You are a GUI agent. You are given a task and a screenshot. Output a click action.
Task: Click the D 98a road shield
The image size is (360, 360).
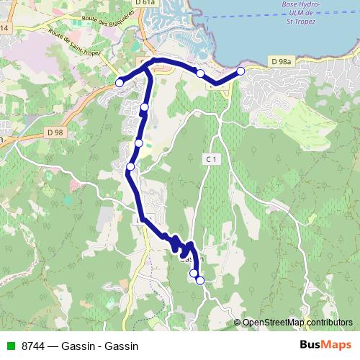281,63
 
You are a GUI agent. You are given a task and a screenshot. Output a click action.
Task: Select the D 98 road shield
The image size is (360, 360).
55,132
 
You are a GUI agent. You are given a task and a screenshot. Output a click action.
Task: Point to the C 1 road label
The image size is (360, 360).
211,158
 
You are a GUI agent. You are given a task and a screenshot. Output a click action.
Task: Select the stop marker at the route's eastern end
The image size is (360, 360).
240,70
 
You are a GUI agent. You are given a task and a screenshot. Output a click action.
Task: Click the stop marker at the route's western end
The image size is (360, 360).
120,83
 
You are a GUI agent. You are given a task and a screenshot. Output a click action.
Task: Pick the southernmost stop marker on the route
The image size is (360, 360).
199,280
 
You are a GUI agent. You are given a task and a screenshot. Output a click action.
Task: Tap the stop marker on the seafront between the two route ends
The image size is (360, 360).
199,73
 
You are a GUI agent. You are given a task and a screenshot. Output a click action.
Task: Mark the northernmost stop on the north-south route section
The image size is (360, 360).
145,107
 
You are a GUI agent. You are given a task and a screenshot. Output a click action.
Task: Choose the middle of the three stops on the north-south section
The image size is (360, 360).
138,143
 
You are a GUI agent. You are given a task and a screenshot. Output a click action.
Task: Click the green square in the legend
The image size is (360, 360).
10,345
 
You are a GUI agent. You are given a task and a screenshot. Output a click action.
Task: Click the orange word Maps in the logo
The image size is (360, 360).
337,344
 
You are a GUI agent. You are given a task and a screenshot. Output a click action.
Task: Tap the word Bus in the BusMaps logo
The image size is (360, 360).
310,344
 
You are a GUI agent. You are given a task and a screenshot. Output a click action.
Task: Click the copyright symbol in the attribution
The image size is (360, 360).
238,322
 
